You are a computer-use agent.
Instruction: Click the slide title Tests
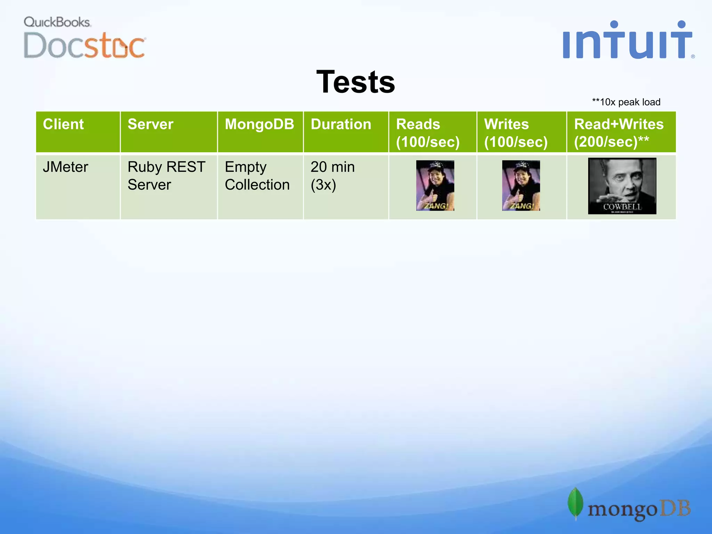356,82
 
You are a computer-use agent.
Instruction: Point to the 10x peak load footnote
626,102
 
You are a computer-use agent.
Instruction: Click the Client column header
64,124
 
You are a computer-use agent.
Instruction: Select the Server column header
151,124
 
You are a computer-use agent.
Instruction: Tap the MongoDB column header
259,124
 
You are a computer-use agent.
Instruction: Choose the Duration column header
341,124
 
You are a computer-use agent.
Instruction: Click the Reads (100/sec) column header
428,133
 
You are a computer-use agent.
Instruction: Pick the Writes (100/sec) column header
516,133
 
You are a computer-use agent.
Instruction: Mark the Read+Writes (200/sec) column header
618,133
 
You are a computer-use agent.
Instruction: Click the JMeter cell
66,167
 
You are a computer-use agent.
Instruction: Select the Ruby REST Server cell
166,176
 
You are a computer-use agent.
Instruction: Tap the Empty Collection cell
257,176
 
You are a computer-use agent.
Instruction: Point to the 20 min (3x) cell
332,176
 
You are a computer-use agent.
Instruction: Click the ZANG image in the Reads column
435,186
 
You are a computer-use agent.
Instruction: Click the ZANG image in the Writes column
521,186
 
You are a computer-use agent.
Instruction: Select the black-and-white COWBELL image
622,186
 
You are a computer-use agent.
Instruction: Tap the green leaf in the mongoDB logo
575,503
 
